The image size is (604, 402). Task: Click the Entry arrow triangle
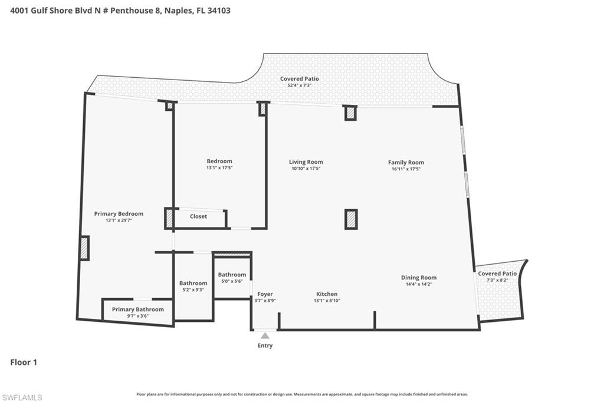pyautogui.click(x=265, y=336)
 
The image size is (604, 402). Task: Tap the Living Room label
pyautogui.click(x=306, y=162)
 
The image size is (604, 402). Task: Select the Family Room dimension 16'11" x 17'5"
pyautogui.click(x=406, y=169)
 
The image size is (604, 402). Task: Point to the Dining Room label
pyautogui.click(x=419, y=278)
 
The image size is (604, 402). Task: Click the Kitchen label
pyautogui.click(x=327, y=294)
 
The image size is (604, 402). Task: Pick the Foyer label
pyautogui.click(x=265, y=294)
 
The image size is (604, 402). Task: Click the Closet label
pyautogui.click(x=198, y=216)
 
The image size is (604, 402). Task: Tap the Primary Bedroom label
pyautogui.click(x=119, y=214)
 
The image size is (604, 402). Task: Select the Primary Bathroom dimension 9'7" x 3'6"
pyautogui.click(x=138, y=316)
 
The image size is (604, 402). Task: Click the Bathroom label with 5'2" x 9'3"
pyautogui.click(x=193, y=284)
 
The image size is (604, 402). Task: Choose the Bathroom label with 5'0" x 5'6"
pyautogui.click(x=232, y=275)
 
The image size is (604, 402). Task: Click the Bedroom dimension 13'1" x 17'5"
pyautogui.click(x=219, y=168)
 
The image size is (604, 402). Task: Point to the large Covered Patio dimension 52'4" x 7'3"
pyautogui.click(x=299, y=85)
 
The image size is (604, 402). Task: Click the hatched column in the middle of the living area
pyautogui.click(x=350, y=219)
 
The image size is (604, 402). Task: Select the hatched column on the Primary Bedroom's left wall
pyautogui.click(x=84, y=248)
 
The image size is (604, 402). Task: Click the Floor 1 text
pyautogui.click(x=24, y=363)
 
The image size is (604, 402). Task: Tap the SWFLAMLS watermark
pyautogui.click(x=22, y=397)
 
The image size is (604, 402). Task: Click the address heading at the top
pyautogui.click(x=121, y=10)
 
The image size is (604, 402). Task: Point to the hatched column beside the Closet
pyautogui.click(x=169, y=219)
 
